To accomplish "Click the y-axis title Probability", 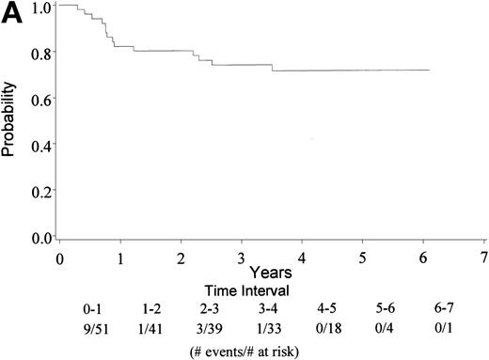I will pos(10,122).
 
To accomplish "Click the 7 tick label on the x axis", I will pos(483,257).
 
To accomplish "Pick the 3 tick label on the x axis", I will pos(242,257).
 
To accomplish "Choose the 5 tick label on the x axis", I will pos(363,257).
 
